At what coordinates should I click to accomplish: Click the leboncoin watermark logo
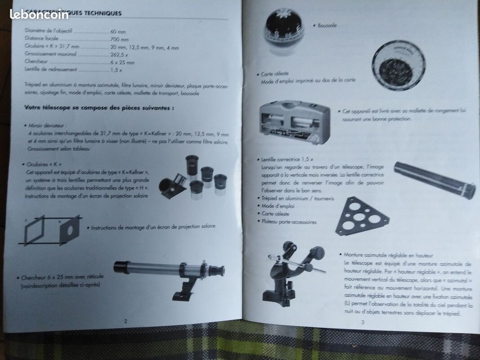(39, 14)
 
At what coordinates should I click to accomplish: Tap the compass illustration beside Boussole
(285, 30)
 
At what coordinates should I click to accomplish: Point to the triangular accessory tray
(361, 216)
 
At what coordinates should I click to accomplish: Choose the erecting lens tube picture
(435, 180)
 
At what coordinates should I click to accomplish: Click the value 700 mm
(120, 40)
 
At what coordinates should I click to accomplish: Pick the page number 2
(126, 321)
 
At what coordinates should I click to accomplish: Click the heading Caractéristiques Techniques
(72, 13)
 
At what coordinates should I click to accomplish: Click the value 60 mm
(118, 32)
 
